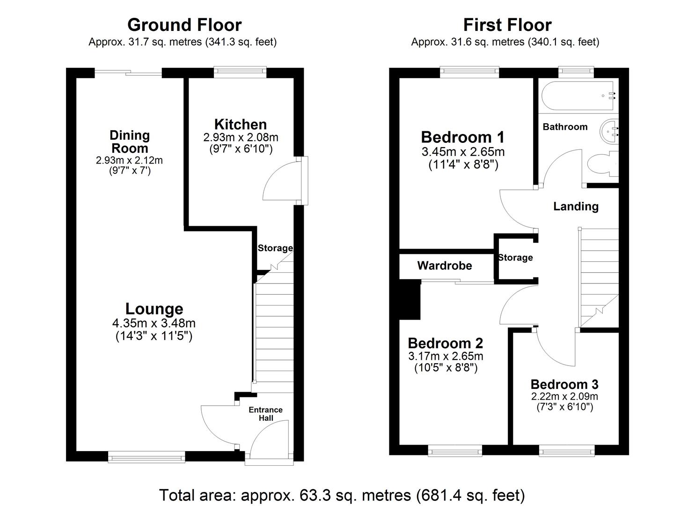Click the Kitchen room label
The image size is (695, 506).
(240, 125)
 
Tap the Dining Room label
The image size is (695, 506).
(129, 141)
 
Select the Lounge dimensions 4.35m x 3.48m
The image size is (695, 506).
(154, 323)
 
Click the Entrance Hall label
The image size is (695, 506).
(265, 414)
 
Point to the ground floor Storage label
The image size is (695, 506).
(275, 248)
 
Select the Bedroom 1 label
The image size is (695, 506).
(462, 137)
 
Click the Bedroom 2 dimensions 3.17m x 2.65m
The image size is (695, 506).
(446, 356)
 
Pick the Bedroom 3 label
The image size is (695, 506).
(564, 385)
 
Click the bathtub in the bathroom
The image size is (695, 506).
(578, 96)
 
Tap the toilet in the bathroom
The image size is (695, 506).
(602, 165)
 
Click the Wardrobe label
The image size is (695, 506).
(444, 266)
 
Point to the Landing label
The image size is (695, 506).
(576, 207)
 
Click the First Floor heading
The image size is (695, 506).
(507, 25)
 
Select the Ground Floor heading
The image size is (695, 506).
(184, 25)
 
